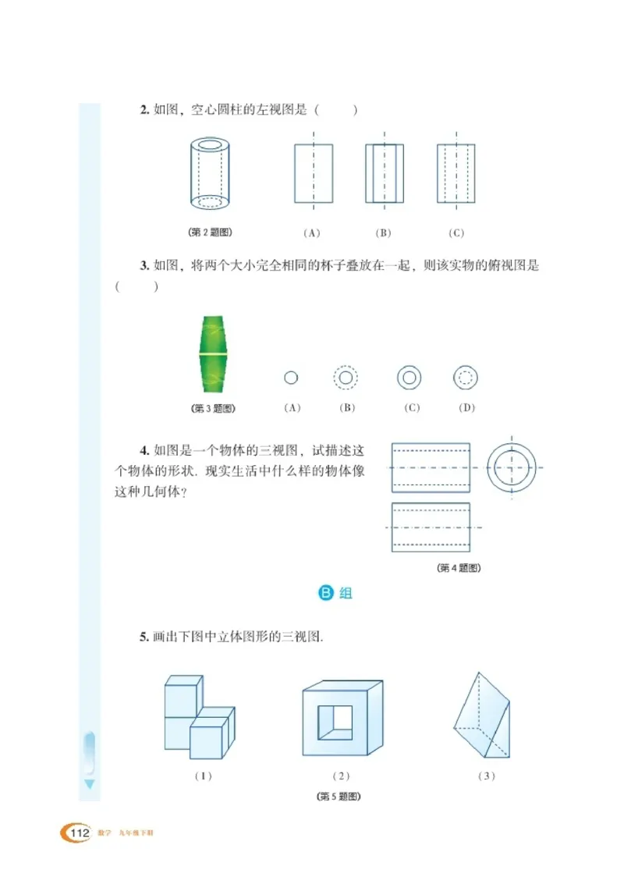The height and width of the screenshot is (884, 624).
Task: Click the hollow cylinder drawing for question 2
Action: tap(211, 173)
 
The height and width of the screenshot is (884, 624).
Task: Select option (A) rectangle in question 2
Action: tap(314, 173)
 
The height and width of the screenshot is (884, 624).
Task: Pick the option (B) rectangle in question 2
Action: tap(385, 173)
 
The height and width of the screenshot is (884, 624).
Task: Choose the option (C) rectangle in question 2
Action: tap(456, 173)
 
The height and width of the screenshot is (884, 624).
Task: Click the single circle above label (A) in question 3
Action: tap(291, 378)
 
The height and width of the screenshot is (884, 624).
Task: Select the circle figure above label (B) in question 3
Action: tap(345, 378)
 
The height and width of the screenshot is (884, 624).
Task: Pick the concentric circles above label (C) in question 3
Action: tap(409, 378)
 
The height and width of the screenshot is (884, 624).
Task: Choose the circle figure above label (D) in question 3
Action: tap(465, 378)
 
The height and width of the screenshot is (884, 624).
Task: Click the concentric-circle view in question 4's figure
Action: tap(512, 467)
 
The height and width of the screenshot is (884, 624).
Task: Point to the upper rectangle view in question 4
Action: tap(431, 467)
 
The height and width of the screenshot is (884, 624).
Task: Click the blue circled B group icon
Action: tap(327, 593)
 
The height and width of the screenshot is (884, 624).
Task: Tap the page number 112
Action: tap(79, 834)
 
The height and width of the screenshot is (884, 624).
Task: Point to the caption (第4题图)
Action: tap(459, 568)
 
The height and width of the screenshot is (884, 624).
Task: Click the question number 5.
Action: tap(144, 637)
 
